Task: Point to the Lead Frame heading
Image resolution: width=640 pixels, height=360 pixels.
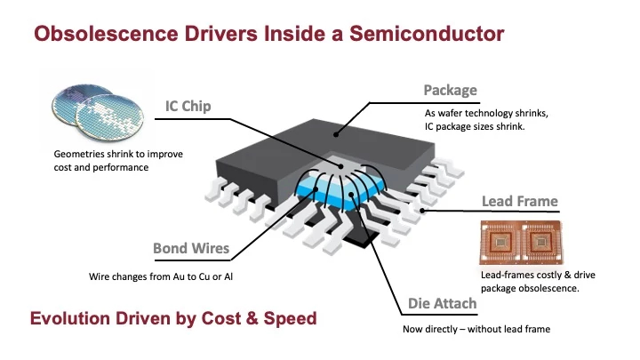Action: (x=519, y=201)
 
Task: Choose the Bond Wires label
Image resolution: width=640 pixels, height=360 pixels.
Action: (x=191, y=248)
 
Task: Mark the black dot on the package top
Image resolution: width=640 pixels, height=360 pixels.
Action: (x=336, y=135)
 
